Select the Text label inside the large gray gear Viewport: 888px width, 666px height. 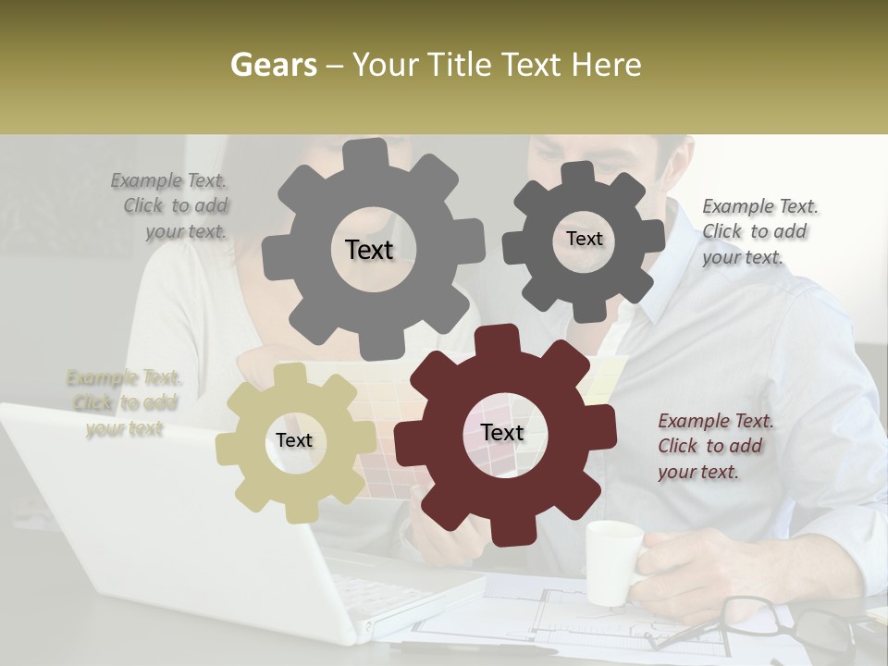click(x=369, y=250)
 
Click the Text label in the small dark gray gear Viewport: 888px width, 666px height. click(x=584, y=239)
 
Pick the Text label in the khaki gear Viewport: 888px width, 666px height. click(x=294, y=441)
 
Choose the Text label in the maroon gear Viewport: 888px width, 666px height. click(x=502, y=432)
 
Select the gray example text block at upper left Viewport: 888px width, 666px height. click(x=176, y=205)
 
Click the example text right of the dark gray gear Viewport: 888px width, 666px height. click(x=758, y=231)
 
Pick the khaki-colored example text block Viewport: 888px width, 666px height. click(x=124, y=402)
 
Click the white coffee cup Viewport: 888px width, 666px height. click(x=612, y=561)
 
